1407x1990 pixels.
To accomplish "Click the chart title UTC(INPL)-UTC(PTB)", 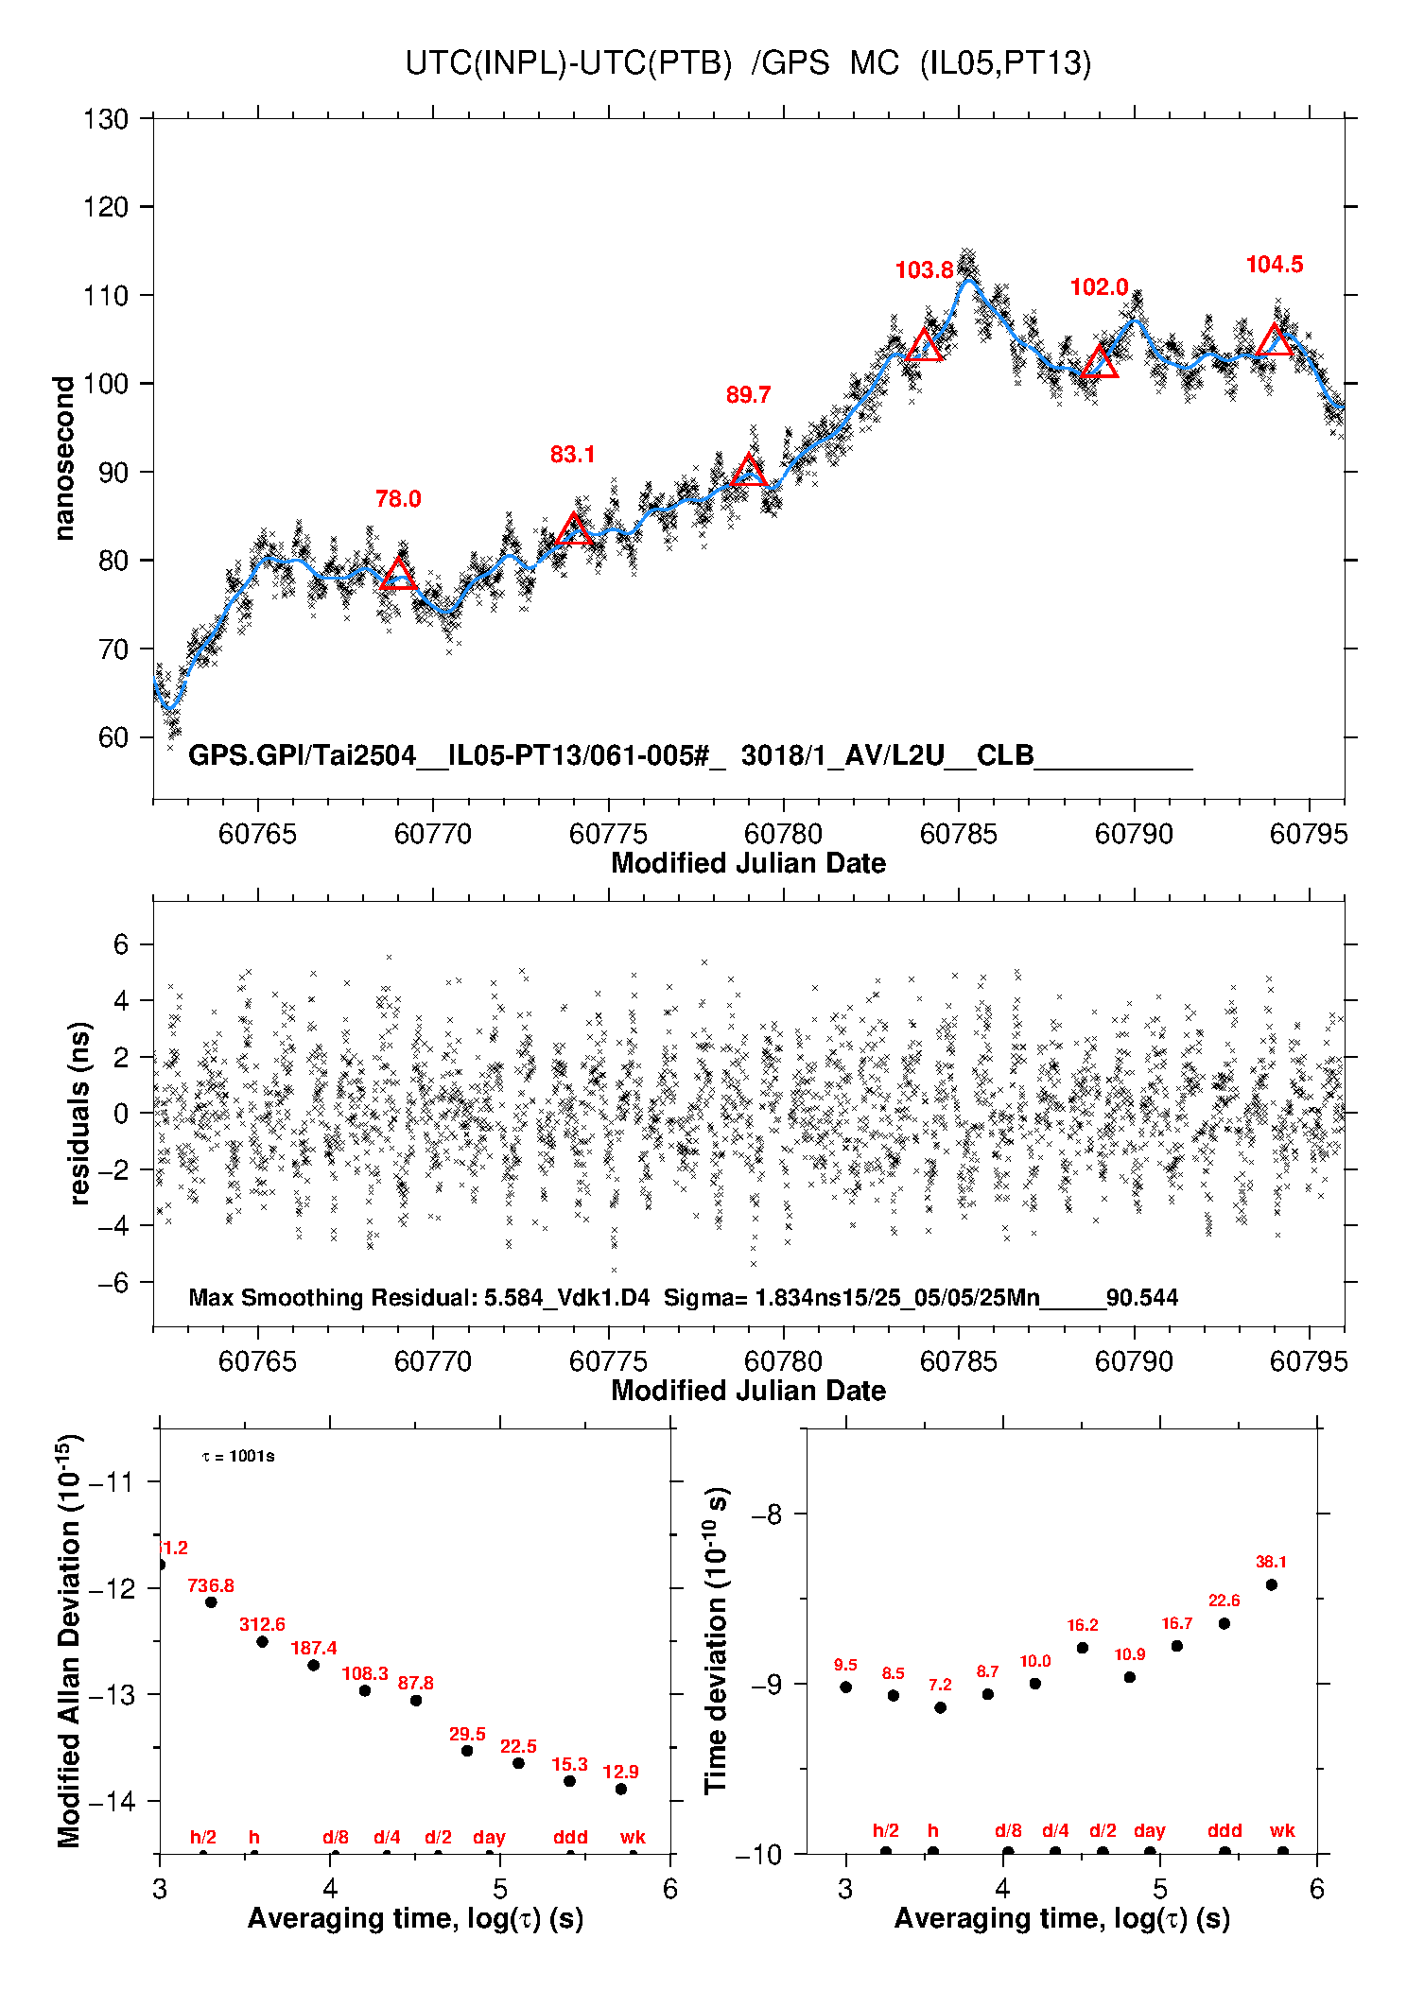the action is [568, 63].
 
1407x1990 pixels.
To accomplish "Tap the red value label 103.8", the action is [924, 270].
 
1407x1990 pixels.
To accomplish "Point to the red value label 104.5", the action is [1274, 265].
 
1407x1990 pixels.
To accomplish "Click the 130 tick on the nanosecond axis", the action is [105, 119].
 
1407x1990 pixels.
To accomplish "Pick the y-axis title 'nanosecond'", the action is [64, 459].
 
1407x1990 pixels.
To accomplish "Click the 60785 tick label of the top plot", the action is [959, 834].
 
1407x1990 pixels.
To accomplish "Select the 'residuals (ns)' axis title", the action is [80, 1113].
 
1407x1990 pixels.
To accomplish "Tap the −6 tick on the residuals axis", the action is [113, 1282].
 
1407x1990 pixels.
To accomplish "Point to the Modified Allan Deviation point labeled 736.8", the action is [211, 1601].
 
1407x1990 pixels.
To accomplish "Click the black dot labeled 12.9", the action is [621, 1789].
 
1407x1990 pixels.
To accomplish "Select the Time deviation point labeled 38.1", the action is [1272, 1584].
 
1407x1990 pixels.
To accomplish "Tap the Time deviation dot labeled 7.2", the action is [940, 1707].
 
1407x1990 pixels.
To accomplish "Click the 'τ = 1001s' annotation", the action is [238, 1457].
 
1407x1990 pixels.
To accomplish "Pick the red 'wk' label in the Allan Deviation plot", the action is [633, 1837].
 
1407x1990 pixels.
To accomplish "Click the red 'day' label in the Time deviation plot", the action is [1150, 1830].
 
